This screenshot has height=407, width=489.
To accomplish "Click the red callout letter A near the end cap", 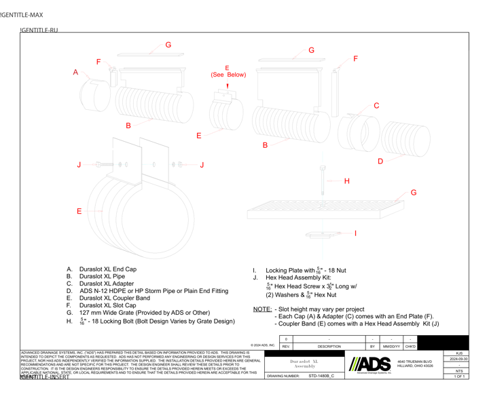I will click(76, 72).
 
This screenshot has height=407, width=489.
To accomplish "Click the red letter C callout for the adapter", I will click(376, 106).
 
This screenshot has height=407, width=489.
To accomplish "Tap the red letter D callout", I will click(380, 161).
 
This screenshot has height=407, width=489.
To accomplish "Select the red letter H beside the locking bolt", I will click(346, 181).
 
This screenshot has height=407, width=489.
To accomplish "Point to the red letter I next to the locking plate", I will click(355, 233).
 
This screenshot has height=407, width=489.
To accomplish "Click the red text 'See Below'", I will click(227, 75).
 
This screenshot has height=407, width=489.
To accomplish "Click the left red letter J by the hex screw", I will click(79, 163).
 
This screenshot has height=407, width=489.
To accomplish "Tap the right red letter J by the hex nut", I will click(200, 163).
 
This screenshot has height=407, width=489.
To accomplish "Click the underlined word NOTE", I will click(261, 309).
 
